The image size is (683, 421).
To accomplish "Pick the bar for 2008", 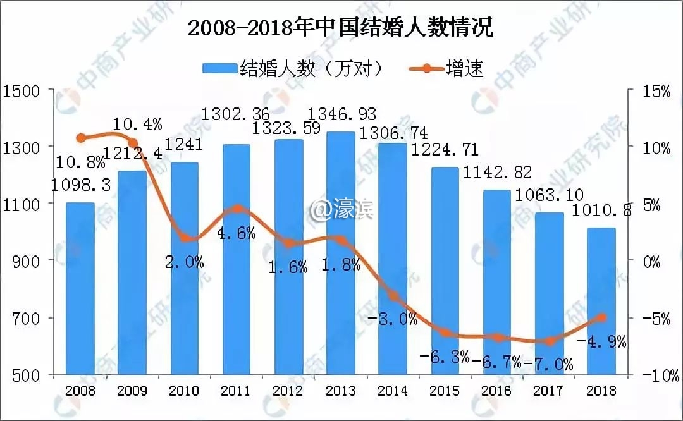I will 80,288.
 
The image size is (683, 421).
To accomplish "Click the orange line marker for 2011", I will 237,209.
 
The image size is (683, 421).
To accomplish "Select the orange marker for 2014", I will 393,296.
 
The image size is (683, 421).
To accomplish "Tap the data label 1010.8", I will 601,211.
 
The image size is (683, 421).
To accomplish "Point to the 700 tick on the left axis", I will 25,318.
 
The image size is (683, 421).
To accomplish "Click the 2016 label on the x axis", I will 496,391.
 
